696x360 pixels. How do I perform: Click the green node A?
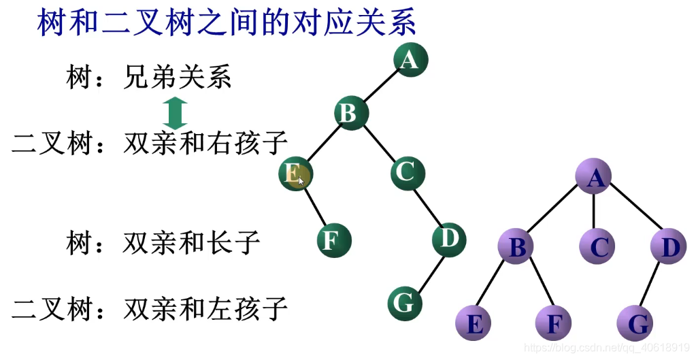point(410,60)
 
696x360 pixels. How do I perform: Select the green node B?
point(351,113)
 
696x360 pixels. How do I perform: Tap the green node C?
point(408,172)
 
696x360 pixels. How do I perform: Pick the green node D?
point(448,238)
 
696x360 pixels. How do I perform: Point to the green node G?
point(405,303)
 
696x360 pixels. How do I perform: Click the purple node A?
point(593,178)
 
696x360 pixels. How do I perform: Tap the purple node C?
point(598,247)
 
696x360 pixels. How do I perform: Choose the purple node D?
point(668,247)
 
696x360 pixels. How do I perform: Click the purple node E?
point(474,323)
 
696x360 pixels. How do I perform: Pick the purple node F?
point(554,323)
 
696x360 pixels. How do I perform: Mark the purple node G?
point(636,323)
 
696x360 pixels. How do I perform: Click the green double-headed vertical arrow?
point(176,113)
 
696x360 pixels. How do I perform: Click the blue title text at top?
point(226,23)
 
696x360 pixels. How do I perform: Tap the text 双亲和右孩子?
point(205,144)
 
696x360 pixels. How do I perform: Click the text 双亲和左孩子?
point(205,310)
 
